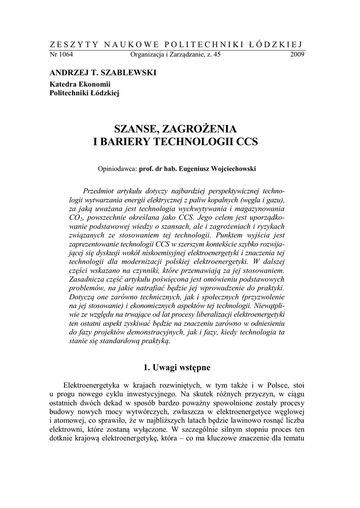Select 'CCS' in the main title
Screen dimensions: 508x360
tap(247, 141)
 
